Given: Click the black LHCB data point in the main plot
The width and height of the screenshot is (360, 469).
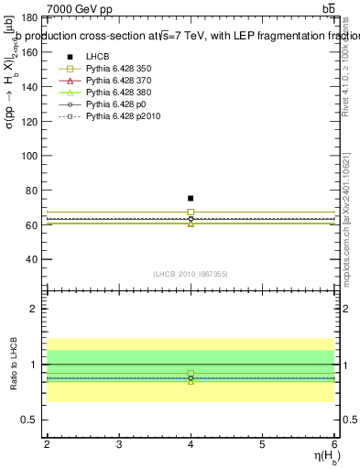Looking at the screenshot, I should [x=191, y=198].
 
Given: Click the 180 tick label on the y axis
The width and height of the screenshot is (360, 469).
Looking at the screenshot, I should [x=29, y=17].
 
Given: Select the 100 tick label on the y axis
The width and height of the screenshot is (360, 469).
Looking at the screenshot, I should [x=29, y=156].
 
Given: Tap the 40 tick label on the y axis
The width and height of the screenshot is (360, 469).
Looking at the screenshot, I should [x=32, y=259].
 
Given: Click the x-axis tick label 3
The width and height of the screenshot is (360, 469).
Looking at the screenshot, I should [x=119, y=445].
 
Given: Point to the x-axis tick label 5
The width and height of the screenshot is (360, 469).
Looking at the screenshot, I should [x=263, y=445].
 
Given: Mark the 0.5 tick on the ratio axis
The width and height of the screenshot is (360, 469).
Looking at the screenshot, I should [x=29, y=420].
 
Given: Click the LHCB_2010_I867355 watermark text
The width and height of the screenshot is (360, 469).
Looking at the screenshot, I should [x=190, y=274].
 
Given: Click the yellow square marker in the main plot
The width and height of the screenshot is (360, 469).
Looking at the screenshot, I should [x=191, y=213].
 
